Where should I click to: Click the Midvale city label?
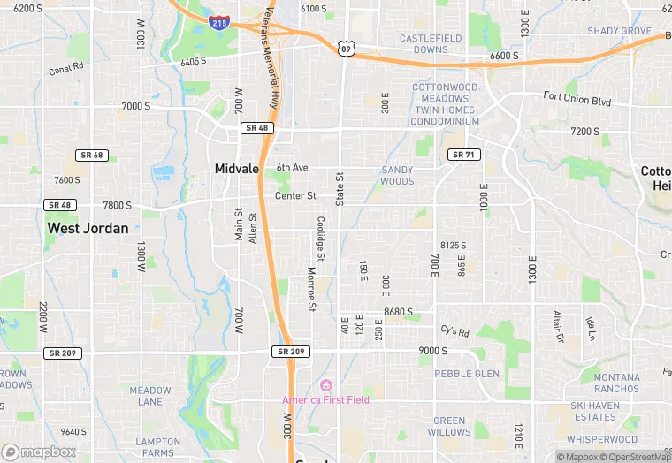click(237, 168)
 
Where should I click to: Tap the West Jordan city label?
click(88, 228)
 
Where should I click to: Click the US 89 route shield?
click(347, 48)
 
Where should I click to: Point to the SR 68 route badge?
click(92, 156)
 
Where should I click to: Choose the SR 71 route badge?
click(463, 155)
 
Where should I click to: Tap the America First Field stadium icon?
click(325, 385)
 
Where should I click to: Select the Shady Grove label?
click(619, 31)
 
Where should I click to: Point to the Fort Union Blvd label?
click(577, 97)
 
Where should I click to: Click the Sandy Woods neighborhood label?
click(397, 175)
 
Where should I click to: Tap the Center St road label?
click(295, 195)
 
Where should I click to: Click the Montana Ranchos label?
click(616, 383)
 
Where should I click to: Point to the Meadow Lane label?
click(150, 396)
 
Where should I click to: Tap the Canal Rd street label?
click(65, 68)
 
